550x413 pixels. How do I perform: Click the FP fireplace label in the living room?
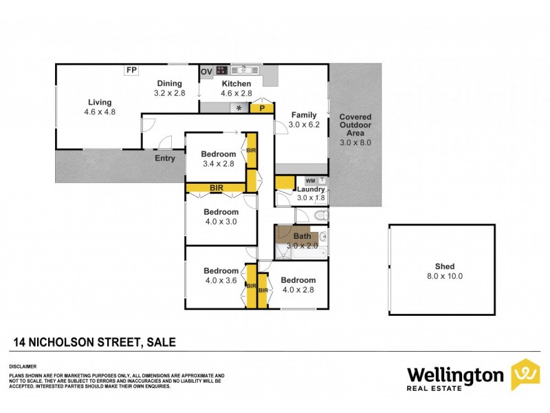(131, 70)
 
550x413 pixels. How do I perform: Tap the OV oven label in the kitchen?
(206, 72)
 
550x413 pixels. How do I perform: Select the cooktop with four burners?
(222, 70)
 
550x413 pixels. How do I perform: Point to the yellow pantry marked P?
(261, 108)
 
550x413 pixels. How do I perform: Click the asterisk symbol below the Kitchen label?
(239, 108)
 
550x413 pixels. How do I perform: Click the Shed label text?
(445, 267)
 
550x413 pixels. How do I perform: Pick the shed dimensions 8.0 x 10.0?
(445, 276)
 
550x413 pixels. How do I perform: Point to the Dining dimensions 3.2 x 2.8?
(169, 92)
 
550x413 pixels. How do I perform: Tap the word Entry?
(165, 158)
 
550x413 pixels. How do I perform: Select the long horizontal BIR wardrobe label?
(217, 187)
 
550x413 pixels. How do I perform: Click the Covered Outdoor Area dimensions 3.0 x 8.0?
(355, 142)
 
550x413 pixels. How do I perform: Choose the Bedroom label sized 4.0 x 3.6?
(221, 271)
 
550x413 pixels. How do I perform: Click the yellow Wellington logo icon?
(525, 374)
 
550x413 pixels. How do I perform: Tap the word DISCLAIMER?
(22, 366)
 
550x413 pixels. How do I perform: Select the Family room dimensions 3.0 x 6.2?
(304, 124)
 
